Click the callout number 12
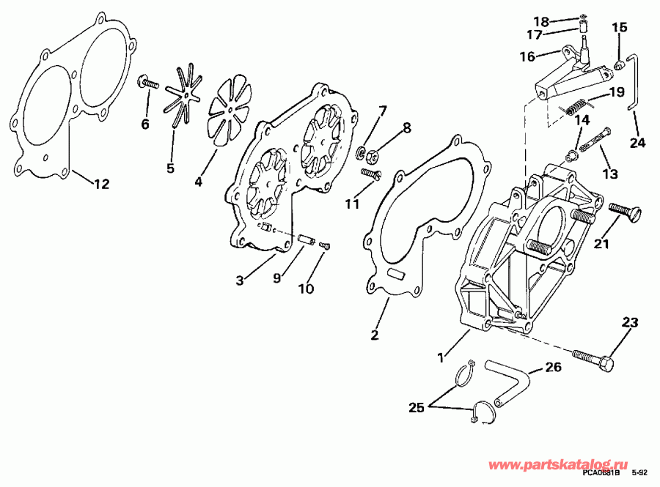coord(101,184)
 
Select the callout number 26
coord(554,368)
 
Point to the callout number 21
coord(601,244)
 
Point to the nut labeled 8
coord(373,155)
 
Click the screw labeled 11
coord(373,174)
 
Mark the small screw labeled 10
coord(326,246)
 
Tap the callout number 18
coord(561,21)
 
